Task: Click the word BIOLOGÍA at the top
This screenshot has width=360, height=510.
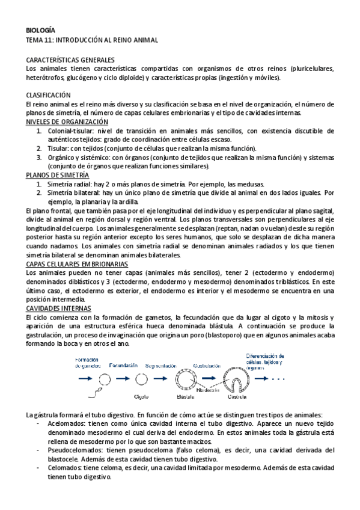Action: pyautogui.click(x=41, y=30)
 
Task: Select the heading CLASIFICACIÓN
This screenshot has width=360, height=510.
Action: pyautogui.click(x=49, y=95)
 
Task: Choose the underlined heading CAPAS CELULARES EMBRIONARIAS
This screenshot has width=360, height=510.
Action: pyautogui.click(x=77, y=264)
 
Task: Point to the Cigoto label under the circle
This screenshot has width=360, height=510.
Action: pyautogui.click(x=141, y=396)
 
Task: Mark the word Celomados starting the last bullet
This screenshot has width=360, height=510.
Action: pyautogui.click(x=64, y=468)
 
